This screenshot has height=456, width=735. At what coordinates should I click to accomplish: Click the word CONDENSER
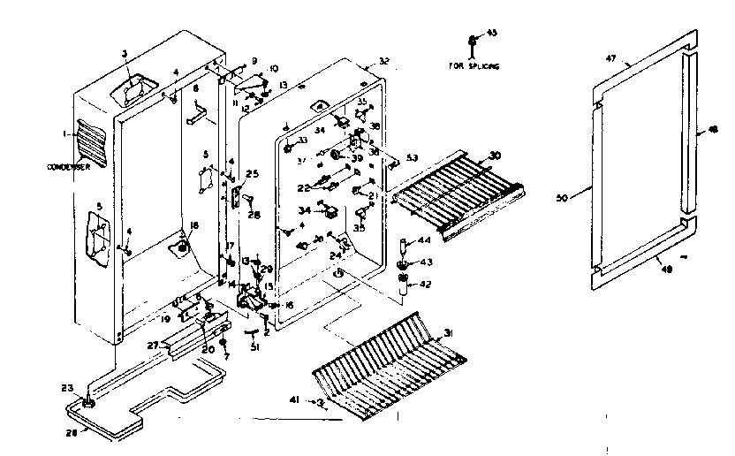75,166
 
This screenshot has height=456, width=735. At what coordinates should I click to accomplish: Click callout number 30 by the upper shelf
495,156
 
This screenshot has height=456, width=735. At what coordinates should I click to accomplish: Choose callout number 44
425,240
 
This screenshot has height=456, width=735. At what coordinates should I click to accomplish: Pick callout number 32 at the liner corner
383,62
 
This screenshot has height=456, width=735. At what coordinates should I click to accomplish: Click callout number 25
251,173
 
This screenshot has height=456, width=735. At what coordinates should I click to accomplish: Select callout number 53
412,157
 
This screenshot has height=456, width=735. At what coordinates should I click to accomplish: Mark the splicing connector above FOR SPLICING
474,41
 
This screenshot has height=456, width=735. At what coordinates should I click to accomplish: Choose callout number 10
274,68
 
